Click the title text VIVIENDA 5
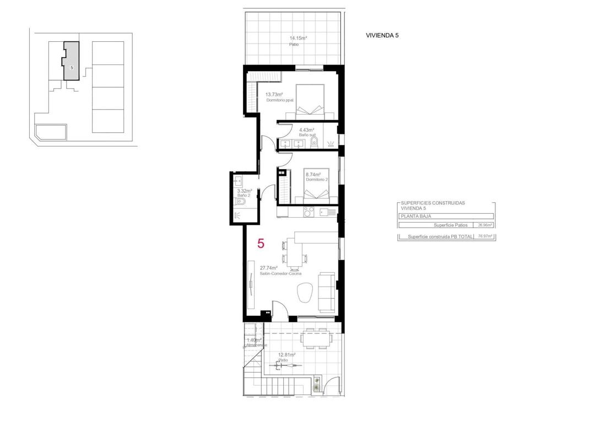coord(382,35)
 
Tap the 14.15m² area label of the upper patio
coord(298,38)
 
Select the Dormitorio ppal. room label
coord(280,100)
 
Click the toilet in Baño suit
coord(314,143)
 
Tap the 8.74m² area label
coord(313,175)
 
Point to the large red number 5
coord(261,243)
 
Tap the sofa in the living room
coord(327,290)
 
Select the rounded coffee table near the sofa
coord(304,293)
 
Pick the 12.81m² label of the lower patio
coord(286,355)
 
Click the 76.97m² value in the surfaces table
coord(485,236)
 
